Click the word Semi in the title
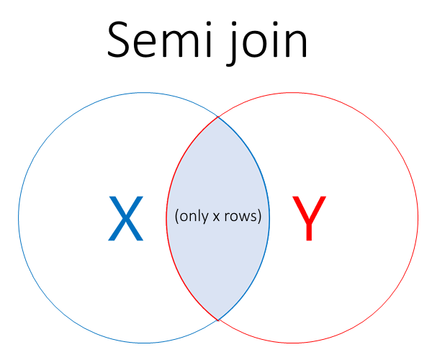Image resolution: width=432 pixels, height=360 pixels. tap(160, 40)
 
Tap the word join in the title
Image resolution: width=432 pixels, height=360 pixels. tap(266, 43)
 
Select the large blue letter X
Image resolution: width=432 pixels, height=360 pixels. tap(125, 218)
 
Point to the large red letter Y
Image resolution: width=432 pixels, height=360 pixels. tap(309, 218)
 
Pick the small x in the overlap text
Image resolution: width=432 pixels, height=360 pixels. tap(216, 217)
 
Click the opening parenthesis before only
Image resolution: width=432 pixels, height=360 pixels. tap(176, 217)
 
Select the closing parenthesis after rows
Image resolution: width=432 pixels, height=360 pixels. tap(259, 217)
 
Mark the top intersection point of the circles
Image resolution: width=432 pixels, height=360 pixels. tap(218, 117)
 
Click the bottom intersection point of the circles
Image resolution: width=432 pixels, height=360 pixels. tap(218, 320)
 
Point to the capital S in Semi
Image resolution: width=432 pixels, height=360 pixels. tap(118, 40)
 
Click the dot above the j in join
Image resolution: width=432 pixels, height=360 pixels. tap(233, 24)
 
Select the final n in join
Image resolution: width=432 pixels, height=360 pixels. tap(296, 43)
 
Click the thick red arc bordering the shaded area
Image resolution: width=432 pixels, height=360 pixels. tap(167, 217)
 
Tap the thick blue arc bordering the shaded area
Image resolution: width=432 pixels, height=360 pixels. tap(269, 217)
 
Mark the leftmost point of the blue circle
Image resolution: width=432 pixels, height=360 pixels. tap(19, 217)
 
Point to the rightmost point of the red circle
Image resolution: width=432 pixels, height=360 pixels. tap(418, 217)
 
